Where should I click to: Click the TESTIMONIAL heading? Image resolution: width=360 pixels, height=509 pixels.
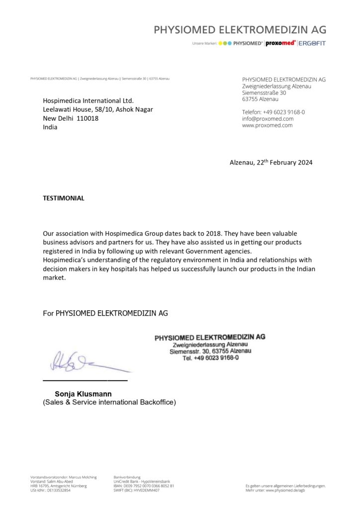coord(64,198)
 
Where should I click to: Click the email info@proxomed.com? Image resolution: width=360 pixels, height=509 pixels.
coord(268,119)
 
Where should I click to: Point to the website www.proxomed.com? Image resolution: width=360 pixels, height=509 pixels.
coord(267,125)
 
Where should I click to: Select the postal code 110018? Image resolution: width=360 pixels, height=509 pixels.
coord(88,118)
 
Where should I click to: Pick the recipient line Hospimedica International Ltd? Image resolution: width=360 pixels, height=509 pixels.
coord(88,100)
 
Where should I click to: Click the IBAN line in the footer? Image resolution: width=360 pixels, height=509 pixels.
coord(144,486)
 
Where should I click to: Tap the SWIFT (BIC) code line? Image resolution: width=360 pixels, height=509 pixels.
coord(136,490)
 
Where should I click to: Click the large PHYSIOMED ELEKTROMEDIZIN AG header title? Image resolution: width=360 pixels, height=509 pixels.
coord(240,30)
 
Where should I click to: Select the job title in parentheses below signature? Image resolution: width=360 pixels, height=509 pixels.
coord(109,402)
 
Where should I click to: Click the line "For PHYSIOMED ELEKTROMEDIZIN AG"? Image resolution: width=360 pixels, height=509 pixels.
coord(105,313)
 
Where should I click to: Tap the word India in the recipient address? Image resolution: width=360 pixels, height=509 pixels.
coord(50,127)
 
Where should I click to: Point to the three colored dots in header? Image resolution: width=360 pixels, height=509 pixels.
coord(225,43)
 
